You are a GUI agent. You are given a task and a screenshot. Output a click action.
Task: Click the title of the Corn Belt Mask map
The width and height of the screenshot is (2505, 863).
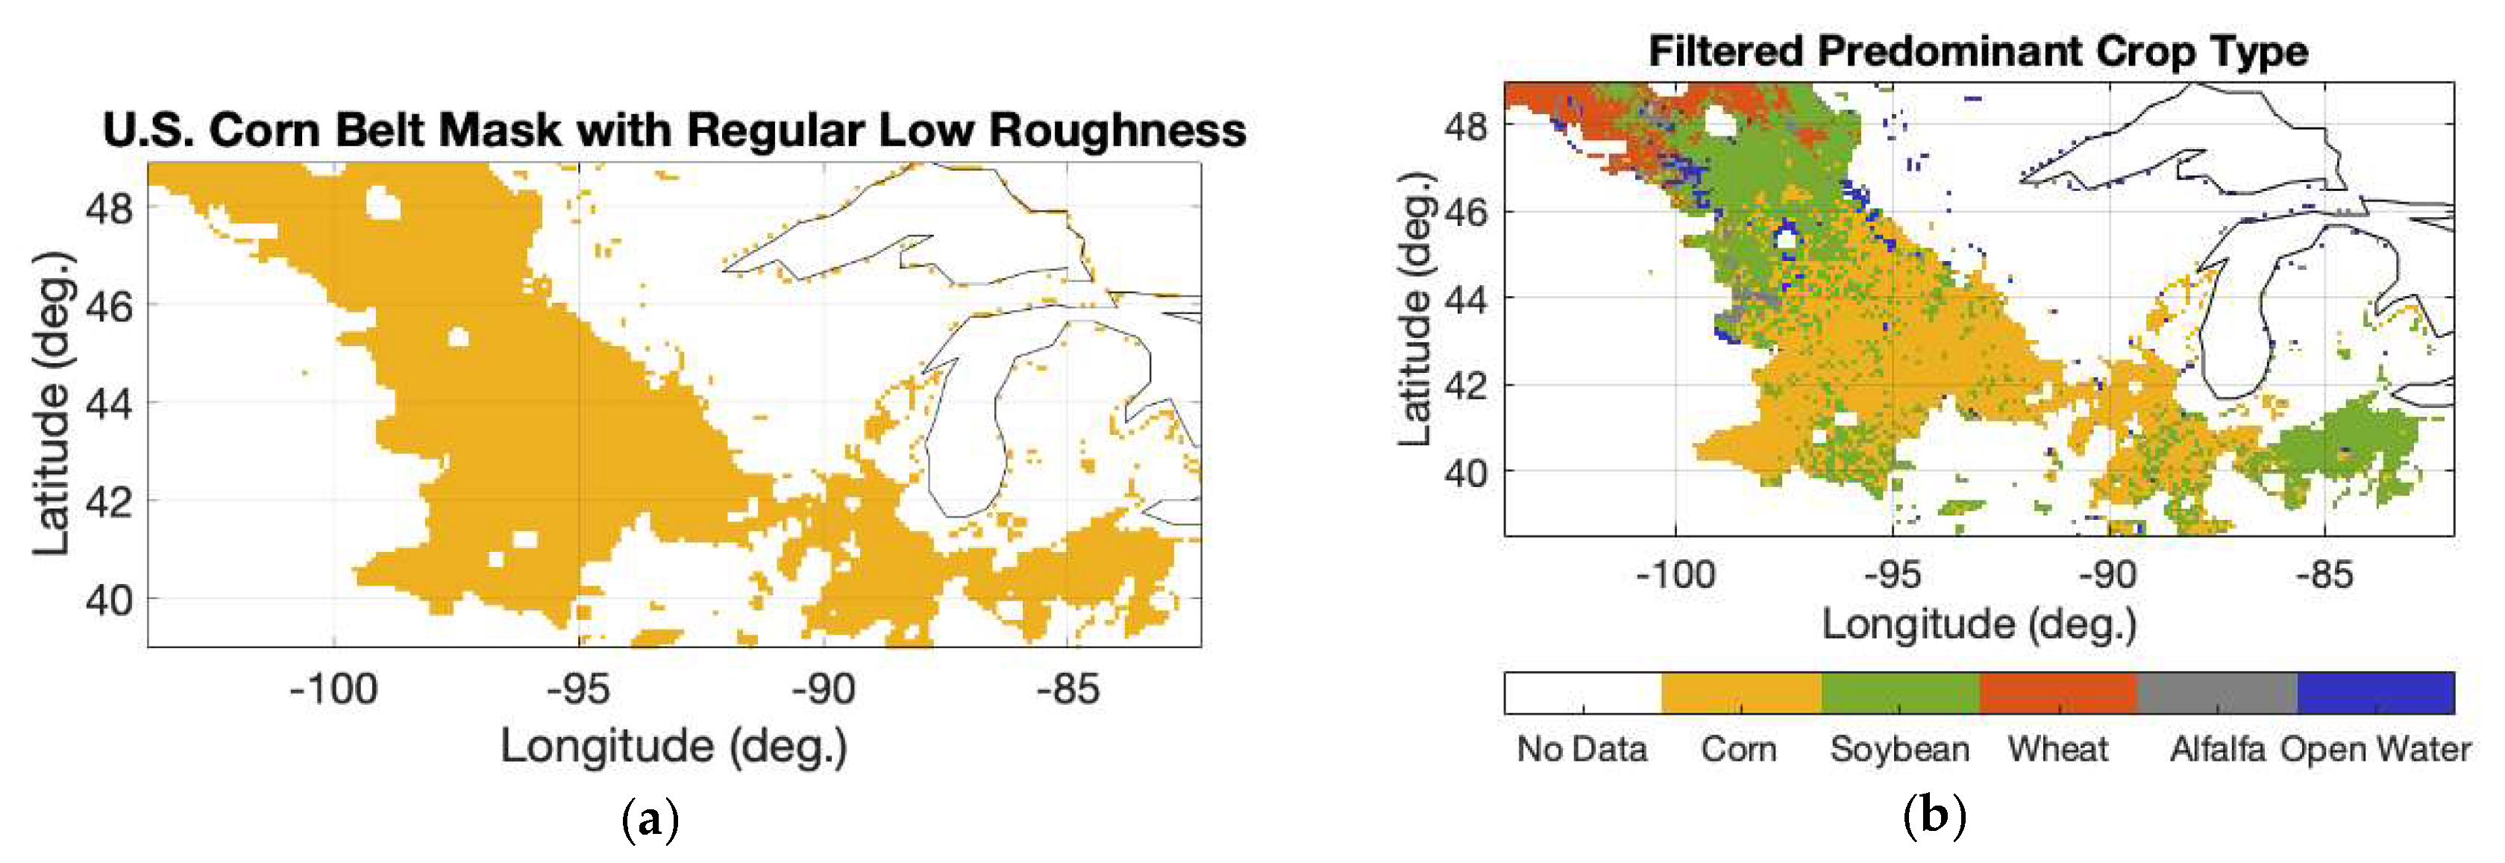click(x=674, y=131)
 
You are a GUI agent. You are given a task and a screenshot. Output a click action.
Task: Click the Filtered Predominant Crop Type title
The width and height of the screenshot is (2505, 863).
click(x=1978, y=51)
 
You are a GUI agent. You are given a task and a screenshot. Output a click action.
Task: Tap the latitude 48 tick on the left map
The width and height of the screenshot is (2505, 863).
click(x=109, y=207)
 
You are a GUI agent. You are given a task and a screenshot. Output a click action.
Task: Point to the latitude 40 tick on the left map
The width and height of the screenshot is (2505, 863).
click(x=109, y=600)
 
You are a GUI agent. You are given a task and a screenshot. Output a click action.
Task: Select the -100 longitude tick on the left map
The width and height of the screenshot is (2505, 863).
click(x=333, y=689)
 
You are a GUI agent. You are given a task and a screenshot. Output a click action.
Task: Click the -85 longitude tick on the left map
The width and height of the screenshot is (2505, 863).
click(x=1067, y=689)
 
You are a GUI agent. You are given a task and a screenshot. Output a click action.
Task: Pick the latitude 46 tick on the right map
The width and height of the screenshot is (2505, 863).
click(x=1465, y=212)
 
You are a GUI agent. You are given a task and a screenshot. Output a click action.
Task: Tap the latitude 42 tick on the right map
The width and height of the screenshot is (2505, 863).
click(x=1465, y=386)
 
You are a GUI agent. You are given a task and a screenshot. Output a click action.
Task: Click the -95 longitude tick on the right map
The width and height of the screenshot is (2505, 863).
click(x=1893, y=575)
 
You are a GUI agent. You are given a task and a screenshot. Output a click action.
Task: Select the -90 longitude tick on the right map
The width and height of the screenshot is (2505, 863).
click(x=2108, y=575)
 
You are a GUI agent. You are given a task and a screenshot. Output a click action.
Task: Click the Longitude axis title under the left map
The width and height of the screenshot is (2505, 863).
click(x=674, y=747)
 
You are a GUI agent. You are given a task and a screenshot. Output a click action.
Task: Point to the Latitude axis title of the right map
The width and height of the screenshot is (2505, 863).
click(x=1416, y=309)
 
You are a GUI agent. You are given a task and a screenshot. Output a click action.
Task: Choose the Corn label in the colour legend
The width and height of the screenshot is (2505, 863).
click(x=1739, y=750)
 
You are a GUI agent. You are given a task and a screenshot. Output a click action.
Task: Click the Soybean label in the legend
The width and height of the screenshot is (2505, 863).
click(x=1899, y=750)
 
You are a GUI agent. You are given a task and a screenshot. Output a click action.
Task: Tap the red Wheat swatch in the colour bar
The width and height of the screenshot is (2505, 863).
click(x=2057, y=693)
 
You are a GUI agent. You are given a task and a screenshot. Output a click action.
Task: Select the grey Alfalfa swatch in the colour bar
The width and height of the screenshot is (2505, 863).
click(x=2216, y=693)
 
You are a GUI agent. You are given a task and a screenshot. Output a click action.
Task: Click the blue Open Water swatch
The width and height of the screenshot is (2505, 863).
click(x=2376, y=693)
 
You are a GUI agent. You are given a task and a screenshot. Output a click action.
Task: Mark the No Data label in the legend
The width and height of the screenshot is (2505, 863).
click(x=1582, y=750)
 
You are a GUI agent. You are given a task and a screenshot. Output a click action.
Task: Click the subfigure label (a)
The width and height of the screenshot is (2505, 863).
click(x=650, y=819)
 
